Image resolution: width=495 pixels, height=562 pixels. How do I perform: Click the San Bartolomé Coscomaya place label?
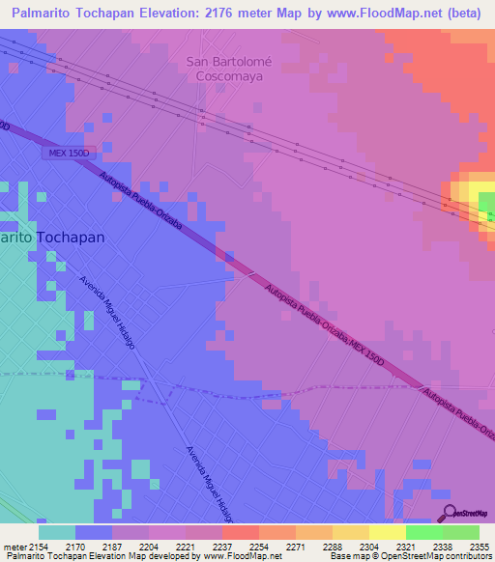click(x=230, y=68)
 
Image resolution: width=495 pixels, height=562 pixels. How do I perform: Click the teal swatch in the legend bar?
click(x=57, y=532)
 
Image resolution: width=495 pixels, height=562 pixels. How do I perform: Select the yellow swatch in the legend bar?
click(x=387, y=532)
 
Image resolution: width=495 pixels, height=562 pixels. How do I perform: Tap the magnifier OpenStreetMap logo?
click(x=449, y=514)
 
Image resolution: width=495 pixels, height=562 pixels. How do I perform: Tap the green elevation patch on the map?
click(x=487, y=203)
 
